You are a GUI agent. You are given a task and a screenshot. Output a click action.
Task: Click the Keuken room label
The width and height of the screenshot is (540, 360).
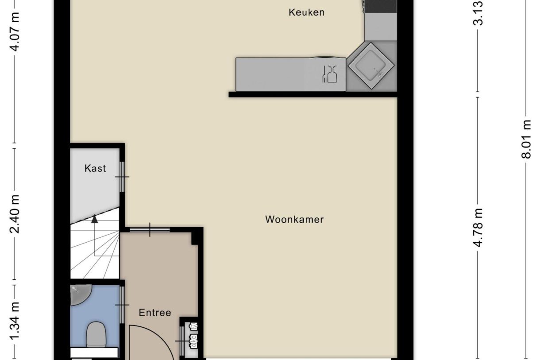pyautogui.click(x=306, y=12)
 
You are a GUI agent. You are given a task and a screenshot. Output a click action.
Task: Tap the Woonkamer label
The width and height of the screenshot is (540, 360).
pyautogui.click(x=294, y=219)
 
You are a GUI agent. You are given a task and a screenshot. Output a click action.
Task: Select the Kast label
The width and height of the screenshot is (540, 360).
pyautogui.click(x=95, y=168)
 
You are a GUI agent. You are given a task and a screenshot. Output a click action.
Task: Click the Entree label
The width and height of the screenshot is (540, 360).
pyautogui.click(x=154, y=313)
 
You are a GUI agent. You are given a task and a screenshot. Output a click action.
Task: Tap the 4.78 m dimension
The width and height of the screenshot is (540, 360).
pyautogui.click(x=478, y=230)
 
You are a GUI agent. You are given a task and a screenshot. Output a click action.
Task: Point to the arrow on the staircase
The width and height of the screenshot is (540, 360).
pyautogui.click(x=94, y=219)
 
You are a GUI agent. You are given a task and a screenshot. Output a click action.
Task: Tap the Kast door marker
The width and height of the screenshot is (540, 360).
pyautogui.click(x=122, y=177)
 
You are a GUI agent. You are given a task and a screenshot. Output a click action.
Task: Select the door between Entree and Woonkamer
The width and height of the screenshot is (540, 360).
pyautogui.click(x=150, y=229)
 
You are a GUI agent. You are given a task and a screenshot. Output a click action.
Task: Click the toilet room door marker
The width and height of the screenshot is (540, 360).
pyautogui.click(x=122, y=305)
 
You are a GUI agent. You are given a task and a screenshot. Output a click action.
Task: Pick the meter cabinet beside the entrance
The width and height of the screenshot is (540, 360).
pyautogui.click(x=192, y=339)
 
